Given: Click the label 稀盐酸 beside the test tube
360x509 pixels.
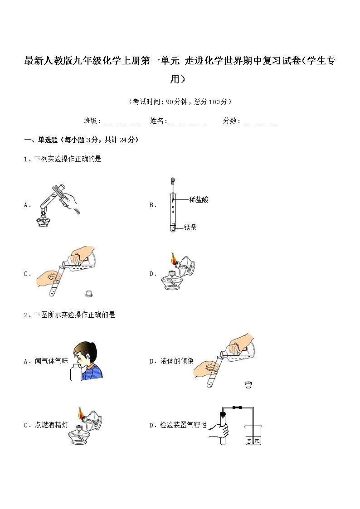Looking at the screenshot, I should pyautogui.click(x=199, y=199).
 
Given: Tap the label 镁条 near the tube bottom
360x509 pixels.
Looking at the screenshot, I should pyautogui.click(x=190, y=227).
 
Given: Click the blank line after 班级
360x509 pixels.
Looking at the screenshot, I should pyautogui.click(x=121, y=121).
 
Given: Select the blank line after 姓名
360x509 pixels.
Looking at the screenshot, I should pyautogui.click(x=187, y=121).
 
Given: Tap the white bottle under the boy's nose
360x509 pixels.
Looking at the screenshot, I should pyautogui.click(x=76, y=373).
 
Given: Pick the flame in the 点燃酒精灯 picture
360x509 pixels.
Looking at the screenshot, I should pyautogui.click(x=81, y=413).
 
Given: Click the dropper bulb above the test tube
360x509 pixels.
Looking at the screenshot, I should pyautogui.click(x=172, y=180).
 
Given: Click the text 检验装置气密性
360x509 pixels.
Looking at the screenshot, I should pyautogui.click(x=183, y=425).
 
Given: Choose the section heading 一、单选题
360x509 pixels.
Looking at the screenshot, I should pyautogui.click(x=41, y=140).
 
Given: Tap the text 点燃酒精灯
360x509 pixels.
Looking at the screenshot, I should pyautogui.click(x=51, y=425).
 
